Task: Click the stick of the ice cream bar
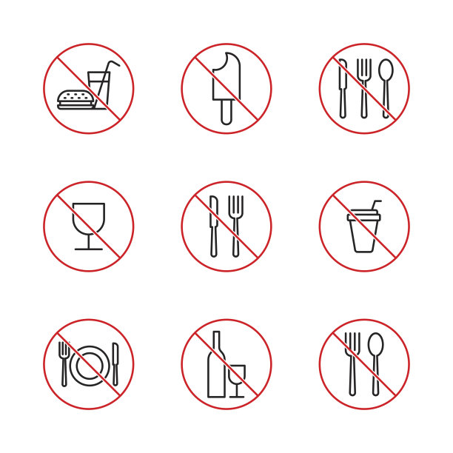click(x=226, y=113)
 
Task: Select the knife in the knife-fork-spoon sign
click(x=343, y=87)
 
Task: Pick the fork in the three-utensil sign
click(x=363, y=87)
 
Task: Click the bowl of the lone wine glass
click(x=89, y=218)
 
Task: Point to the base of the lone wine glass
click(x=89, y=249)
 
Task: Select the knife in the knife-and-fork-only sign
click(x=214, y=226)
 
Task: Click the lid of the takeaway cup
click(x=363, y=217)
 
